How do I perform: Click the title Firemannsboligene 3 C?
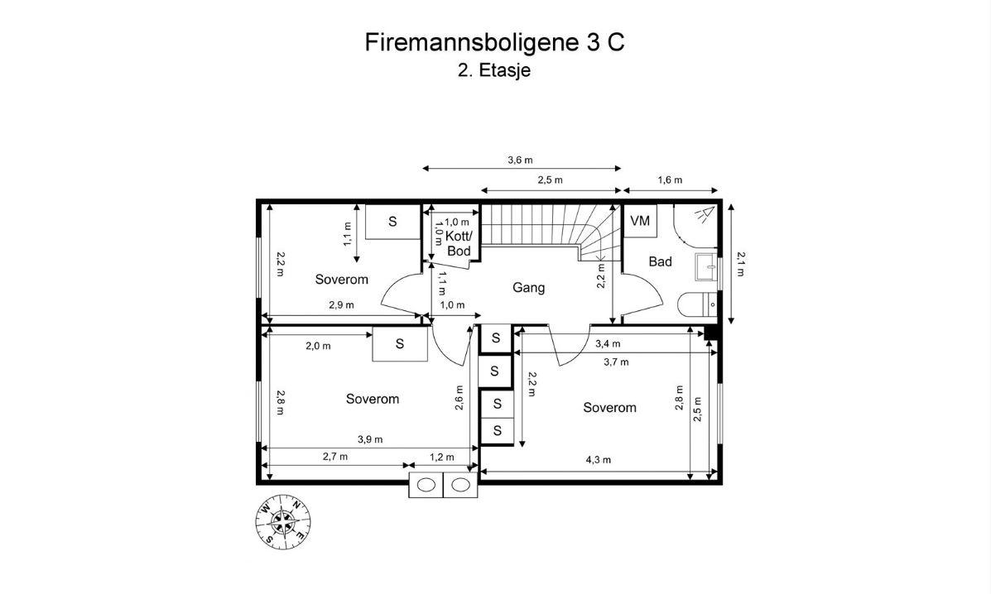tap(494, 42)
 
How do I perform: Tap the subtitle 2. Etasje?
tap(494, 70)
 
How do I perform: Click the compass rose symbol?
tap(283, 522)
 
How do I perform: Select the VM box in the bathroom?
tap(640, 222)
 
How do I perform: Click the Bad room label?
tap(660, 261)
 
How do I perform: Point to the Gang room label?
tap(528, 288)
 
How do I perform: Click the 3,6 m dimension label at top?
tap(520, 160)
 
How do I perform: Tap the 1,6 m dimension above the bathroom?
tap(670, 180)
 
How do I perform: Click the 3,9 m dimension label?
tap(369, 439)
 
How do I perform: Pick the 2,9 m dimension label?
tap(340, 304)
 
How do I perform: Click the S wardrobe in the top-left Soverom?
tap(392, 222)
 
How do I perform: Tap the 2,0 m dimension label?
tap(318, 346)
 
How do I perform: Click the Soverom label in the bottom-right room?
tap(609, 408)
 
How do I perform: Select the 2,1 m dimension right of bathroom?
tap(740, 264)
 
